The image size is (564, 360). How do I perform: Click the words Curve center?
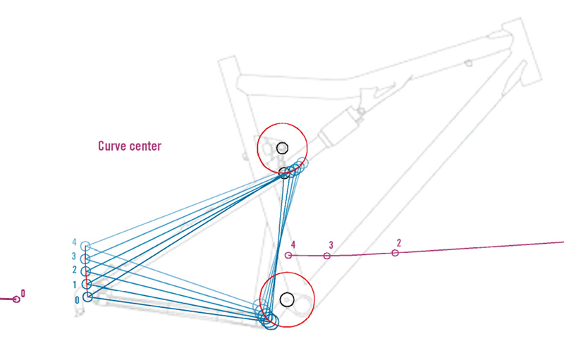click(x=130, y=147)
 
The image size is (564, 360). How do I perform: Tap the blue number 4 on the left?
click(x=74, y=242)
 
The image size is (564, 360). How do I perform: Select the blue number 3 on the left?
click(x=74, y=256)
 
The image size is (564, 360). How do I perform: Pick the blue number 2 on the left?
click(x=74, y=270)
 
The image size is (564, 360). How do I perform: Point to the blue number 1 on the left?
click(x=74, y=285)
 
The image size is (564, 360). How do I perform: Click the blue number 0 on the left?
click(x=77, y=299)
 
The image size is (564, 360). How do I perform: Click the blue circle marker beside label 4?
click(x=86, y=246)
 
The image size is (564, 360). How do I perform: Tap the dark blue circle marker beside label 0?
click(x=87, y=297)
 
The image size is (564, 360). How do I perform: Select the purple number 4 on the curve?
click(x=293, y=244)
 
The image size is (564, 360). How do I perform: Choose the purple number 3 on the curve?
click(x=331, y=245)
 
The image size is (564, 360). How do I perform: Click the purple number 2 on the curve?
click(x=398, y=242)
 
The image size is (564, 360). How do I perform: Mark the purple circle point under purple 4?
click(x=288, y=255)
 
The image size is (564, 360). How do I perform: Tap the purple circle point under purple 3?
click(x=326, y=255)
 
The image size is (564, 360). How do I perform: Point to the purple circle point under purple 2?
click(x=396, y=252)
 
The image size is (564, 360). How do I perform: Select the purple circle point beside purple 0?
click(x=16, y=299)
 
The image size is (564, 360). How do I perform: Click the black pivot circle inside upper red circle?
click(x=283, y=148)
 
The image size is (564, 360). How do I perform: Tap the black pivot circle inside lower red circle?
click(x=286, y=299)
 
